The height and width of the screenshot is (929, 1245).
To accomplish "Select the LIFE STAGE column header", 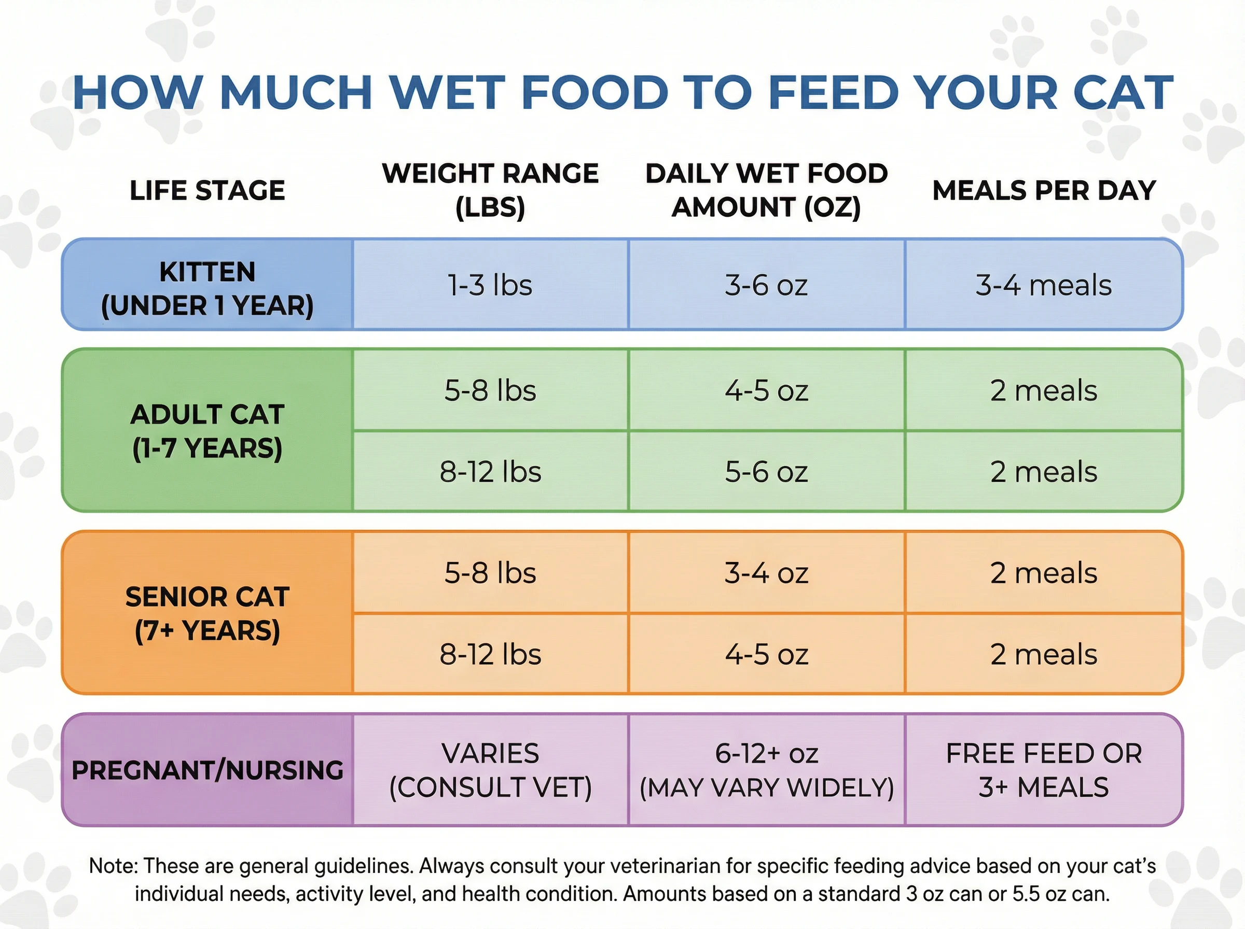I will tap(207, 191).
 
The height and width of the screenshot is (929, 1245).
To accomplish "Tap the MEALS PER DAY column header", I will tap(1044, 191).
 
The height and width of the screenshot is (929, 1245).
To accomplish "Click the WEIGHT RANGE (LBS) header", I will tap(490, 190).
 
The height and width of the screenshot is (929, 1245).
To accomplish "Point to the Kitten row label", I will tap(207, 288).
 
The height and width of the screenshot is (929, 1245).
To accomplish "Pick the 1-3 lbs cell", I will tap(490, 285).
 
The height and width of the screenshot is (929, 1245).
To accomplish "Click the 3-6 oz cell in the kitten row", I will tap(766, 285).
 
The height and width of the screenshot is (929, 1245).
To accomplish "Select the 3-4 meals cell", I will tap(1044, 285).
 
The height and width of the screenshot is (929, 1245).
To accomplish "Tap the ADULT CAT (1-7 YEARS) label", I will tap(207, 431).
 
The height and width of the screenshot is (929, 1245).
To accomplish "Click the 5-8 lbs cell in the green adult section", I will tap(490, 390).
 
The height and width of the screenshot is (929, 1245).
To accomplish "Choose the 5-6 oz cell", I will tap(766, 471).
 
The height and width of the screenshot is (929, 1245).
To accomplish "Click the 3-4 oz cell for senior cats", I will tap(766, 573).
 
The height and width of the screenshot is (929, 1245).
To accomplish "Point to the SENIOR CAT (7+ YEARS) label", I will tap(207, 613).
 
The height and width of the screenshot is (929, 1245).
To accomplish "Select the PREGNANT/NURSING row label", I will tap(207, 770).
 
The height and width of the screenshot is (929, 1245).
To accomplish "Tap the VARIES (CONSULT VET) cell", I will tap(490, 770).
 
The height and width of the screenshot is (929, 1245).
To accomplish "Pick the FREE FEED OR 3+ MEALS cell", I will tap(1044, 770).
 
